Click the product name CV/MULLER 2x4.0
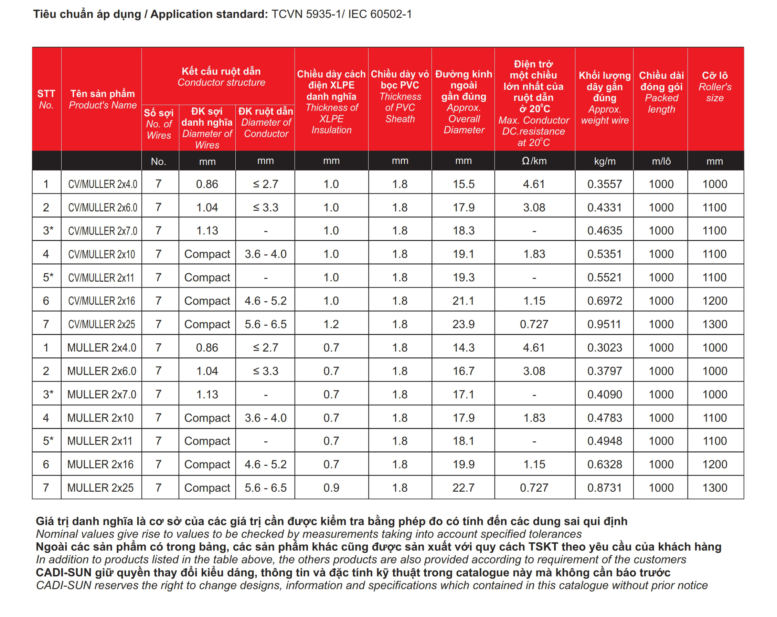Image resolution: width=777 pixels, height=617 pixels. (x=102, y=184)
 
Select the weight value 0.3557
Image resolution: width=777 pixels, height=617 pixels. (x=604, y=184)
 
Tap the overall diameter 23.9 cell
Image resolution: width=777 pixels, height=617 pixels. (x=464, y=324)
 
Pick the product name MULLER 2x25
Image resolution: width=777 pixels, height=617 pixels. (x=100, y=488)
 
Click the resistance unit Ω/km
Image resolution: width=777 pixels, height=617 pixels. (x=534, y=161)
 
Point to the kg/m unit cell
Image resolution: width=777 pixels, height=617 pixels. (x=604, y=161)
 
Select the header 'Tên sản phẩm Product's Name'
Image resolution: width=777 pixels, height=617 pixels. (x=102, y=99)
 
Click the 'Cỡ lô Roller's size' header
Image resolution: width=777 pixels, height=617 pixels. (x=715, y=86)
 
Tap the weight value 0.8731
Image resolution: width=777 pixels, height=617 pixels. (x=604, y=488)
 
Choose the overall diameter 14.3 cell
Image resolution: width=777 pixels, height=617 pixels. (x=464, y=348)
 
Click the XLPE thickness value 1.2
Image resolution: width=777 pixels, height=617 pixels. (x=331, y=324)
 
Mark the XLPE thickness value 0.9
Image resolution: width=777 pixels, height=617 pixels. (x=331, y=488)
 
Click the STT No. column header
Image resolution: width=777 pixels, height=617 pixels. (x=46, y=99)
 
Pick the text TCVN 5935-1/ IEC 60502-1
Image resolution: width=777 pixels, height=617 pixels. (x=341, y=14)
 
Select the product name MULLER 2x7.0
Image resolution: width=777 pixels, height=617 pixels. (x=102, y=394)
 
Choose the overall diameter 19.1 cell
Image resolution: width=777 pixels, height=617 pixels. (x=464, y=254)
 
